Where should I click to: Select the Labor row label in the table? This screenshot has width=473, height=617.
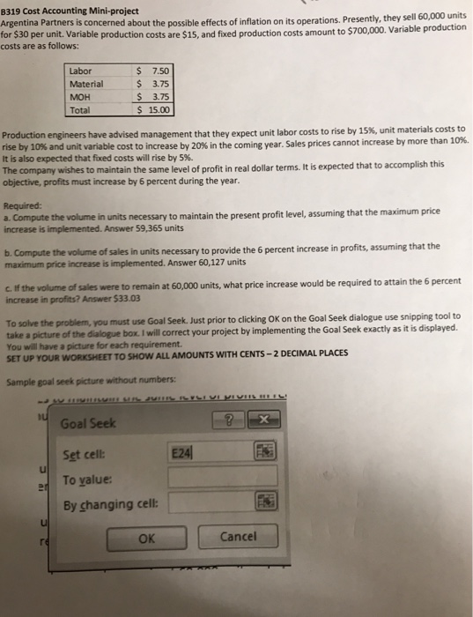(81, 71)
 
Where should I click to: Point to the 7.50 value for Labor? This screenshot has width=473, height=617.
(162, 71)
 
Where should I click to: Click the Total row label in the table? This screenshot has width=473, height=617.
(82, 110)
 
